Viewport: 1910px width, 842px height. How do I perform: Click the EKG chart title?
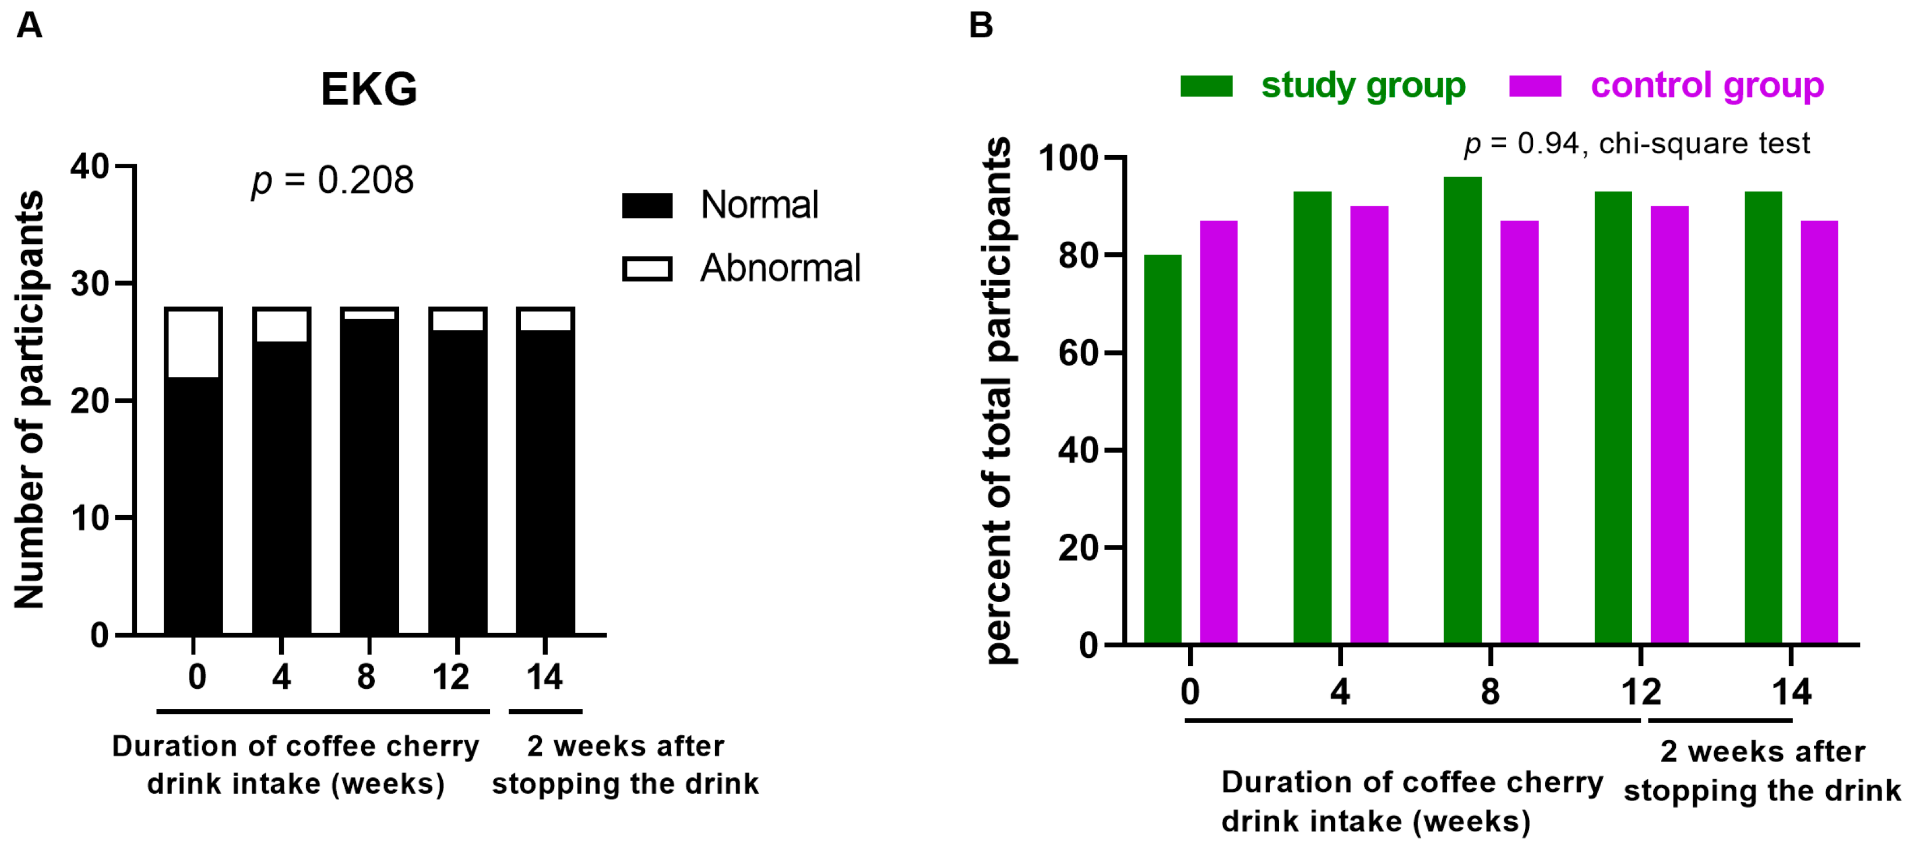point(368,90)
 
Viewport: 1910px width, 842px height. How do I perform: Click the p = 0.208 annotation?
point(333,180)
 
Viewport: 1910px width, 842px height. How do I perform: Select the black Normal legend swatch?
point(647,205)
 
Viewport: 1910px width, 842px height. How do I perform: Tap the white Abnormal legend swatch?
point(647,268)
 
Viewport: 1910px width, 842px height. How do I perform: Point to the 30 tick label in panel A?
point(90,284)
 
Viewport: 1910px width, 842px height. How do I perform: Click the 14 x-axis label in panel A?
point(544,677)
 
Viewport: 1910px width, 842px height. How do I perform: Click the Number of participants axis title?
point(30,400)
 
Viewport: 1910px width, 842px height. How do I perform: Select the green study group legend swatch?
point(1206,86)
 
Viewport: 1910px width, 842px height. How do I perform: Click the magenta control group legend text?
point(1706,86)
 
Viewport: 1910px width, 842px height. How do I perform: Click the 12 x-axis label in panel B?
point(1640,692)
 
